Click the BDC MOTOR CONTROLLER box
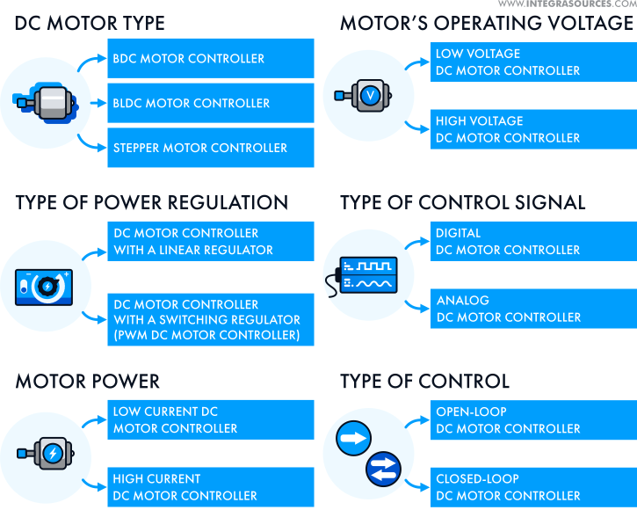pos(211,59)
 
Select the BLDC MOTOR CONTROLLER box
pos(211,103)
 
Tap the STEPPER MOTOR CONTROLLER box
pos(211,148)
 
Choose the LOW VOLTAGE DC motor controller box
pos(533,62)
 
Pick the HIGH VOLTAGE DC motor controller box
pos(533,129)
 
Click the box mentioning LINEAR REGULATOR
pos(211,241)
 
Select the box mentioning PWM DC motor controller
pos(211,319)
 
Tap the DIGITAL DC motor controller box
pos(533,241)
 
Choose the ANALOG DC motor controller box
pos(533,309)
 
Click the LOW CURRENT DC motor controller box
pos(211,419)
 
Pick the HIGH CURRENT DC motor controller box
pos(211,487)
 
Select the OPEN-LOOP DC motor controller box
pos(533,419)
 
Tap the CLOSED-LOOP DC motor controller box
pos(533,487)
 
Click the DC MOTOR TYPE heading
pos(90,23)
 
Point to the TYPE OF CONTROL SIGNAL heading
pos(462,202)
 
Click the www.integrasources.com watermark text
pos(567,5)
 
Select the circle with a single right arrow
pos(354,439)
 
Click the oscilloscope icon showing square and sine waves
pos(367,274)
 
